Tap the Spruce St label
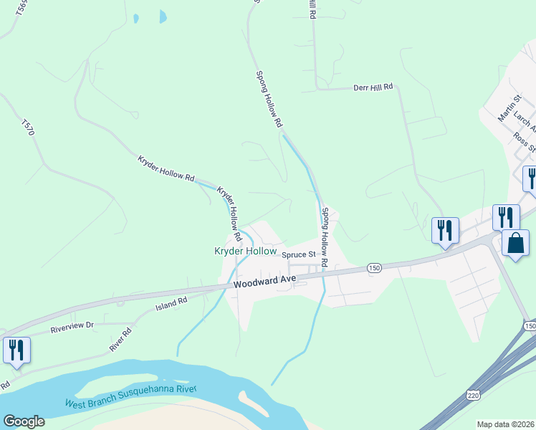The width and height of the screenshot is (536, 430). click(298, 254)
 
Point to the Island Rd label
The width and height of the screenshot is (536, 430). click(171, 305)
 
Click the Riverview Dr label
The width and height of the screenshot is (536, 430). click(72, 327)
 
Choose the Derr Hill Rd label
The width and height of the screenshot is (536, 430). click(373, 87)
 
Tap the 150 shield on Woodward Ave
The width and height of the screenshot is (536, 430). click(373, 267)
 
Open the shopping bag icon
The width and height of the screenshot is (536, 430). click(515, 244)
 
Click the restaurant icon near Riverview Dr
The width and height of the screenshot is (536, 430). click(16, 350)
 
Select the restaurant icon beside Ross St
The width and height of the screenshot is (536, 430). click(531, 178)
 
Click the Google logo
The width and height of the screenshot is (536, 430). click(24, 421)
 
